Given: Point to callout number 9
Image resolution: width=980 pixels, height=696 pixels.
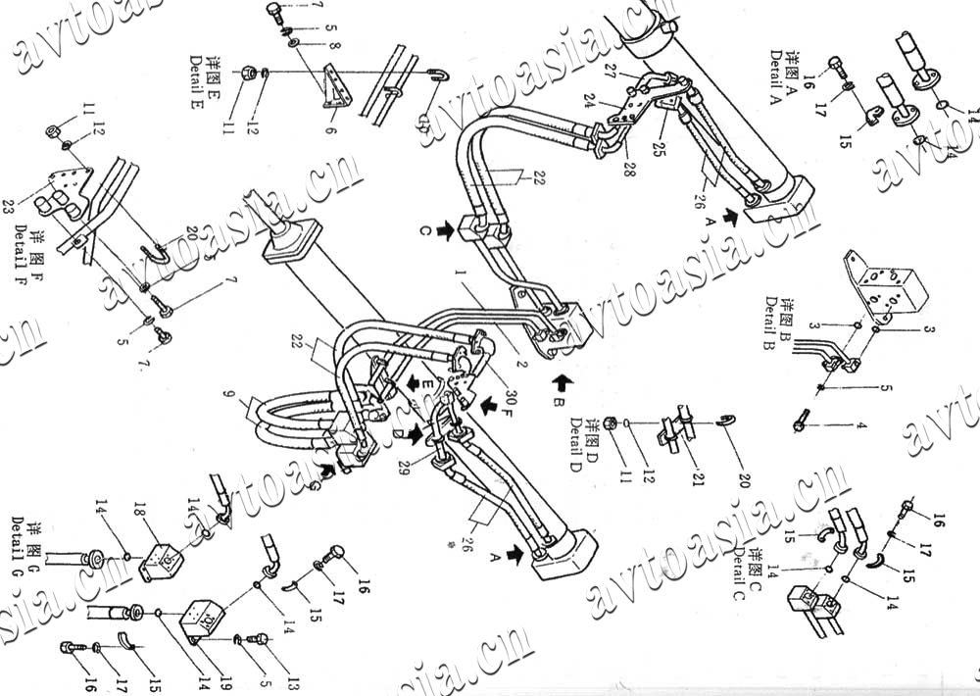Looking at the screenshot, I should (228, 401).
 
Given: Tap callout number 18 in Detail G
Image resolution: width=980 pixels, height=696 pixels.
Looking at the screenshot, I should (139, 511).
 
